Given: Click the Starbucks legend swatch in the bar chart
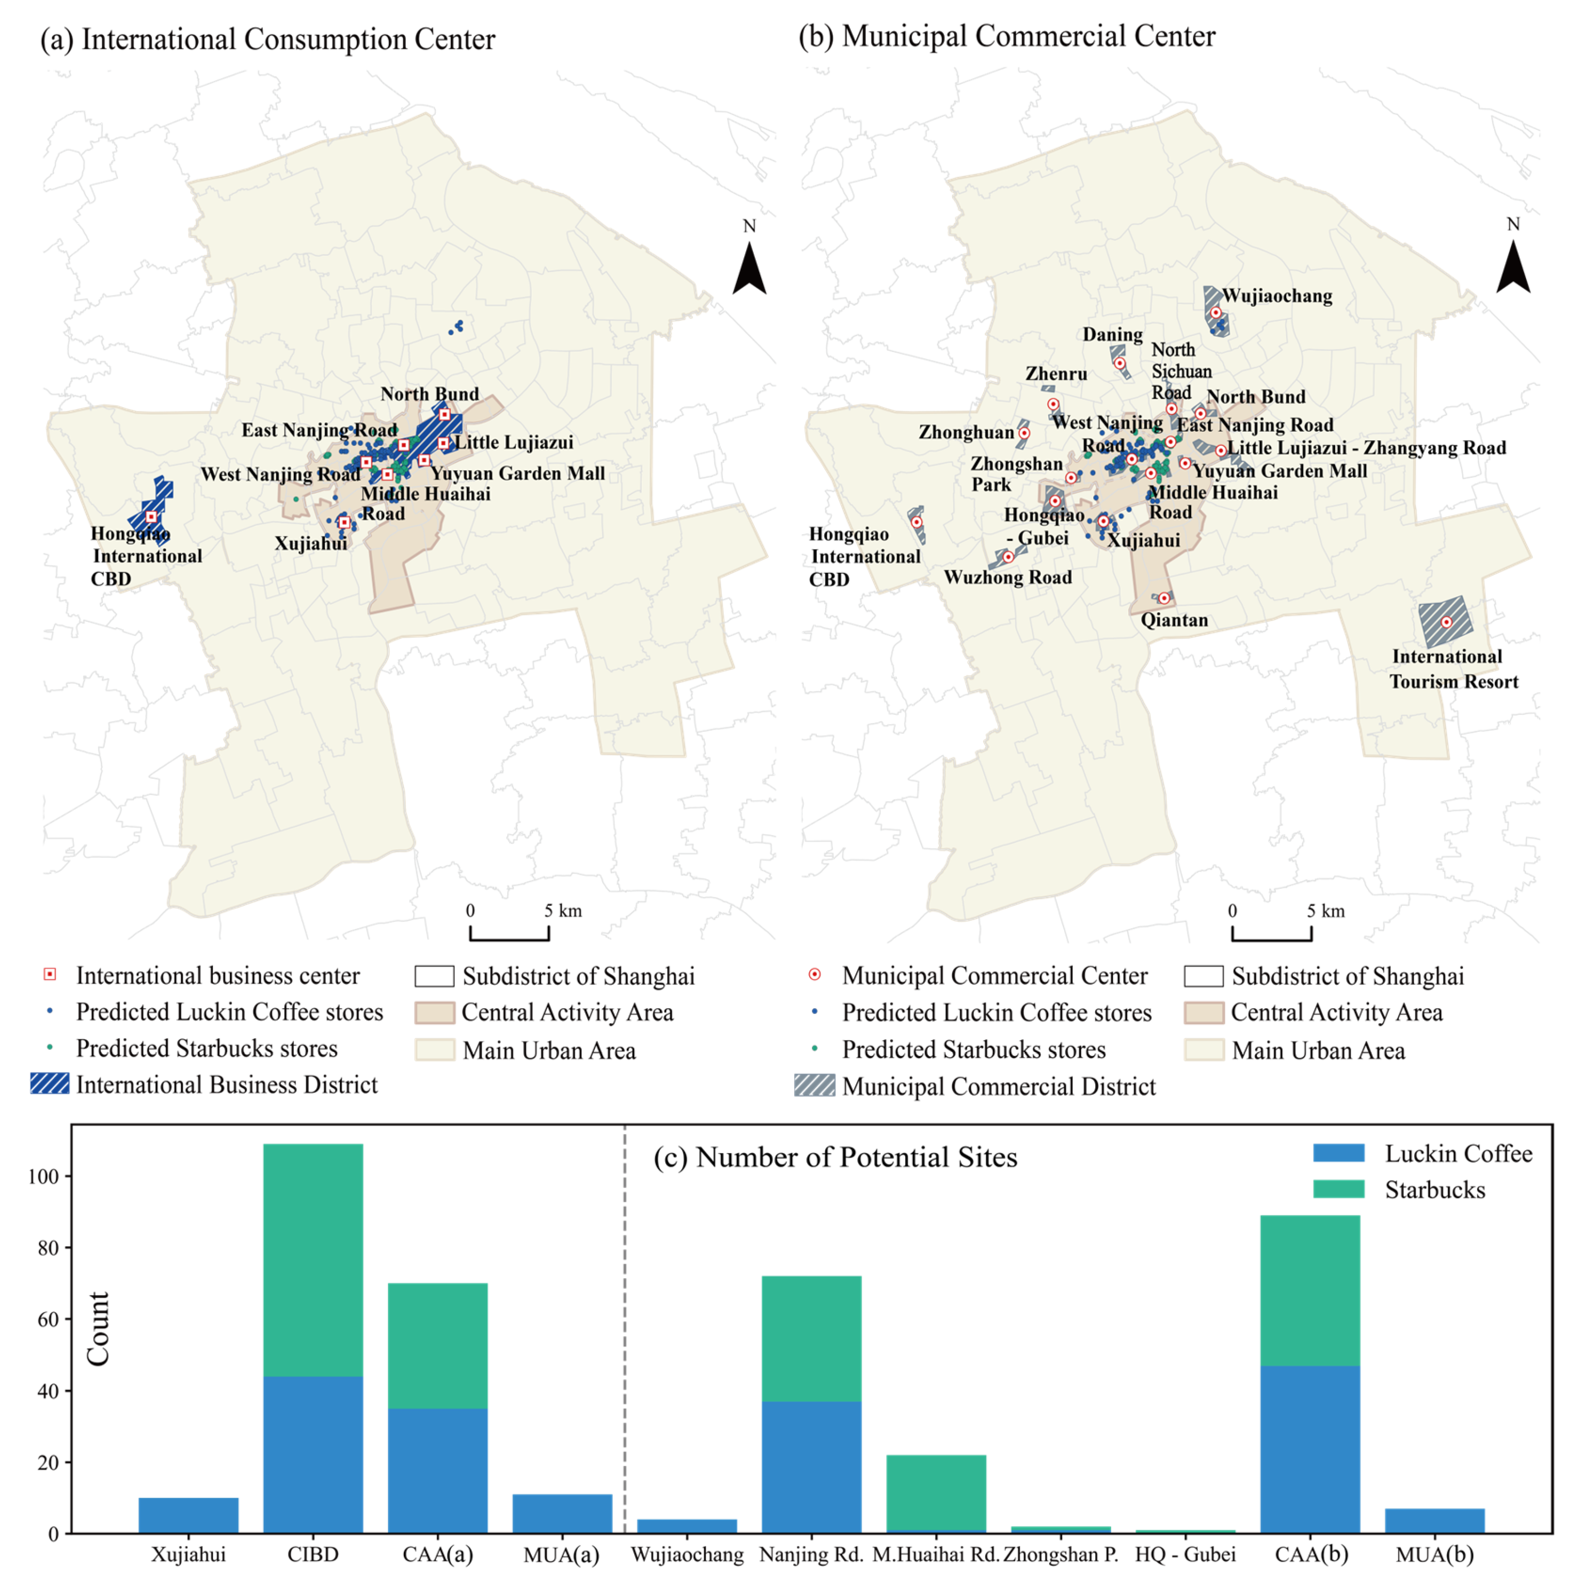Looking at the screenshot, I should click(x=1339, y=1189).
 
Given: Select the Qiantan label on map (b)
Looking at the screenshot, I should click(x=1174, y=620).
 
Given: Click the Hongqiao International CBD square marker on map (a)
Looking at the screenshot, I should click(x=151, y=517).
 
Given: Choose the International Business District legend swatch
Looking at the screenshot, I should click(x=50, y=1084).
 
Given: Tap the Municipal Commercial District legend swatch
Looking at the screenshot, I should click(x=814, y=1086).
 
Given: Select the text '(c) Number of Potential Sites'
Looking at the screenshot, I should click(x=835, y=1158).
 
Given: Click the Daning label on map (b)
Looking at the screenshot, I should click(x=1112, y=335).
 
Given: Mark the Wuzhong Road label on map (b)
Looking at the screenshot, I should click(x=1007, y=577).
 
